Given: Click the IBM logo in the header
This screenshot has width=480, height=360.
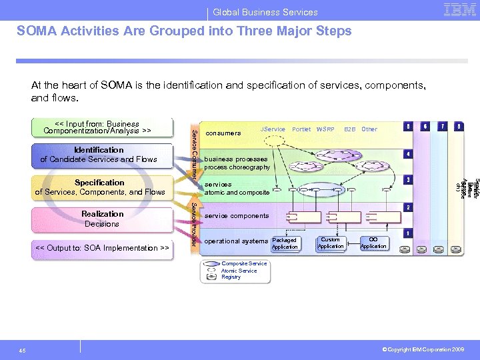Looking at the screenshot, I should click(x=460, y=11).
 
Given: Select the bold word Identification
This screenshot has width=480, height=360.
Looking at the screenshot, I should click(x=99, y=150).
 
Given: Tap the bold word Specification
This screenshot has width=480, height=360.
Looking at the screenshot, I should click(x=99, y=183).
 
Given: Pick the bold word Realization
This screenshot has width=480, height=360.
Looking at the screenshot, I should click(x=102, y=214).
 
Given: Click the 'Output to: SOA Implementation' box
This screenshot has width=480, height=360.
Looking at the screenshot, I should click(x=101, y=248).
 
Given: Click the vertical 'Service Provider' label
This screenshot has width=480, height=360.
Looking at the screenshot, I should click(x=194, y=223).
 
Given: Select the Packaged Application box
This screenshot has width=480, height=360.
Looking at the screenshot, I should click(x=285, y=243).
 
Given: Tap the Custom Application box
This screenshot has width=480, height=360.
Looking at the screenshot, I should click(x=331, y=243).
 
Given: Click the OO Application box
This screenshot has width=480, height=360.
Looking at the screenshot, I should click(x=373, y=243).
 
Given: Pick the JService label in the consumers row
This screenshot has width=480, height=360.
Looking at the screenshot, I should click(x=273, y=129).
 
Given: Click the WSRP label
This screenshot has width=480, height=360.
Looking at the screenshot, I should click(x=325, y=129).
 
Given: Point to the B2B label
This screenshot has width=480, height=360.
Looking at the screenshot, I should click(x=349, y=129).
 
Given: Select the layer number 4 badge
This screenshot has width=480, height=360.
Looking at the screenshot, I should click(x=407, y=154).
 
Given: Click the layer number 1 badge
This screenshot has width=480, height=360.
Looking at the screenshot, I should click(x=407, y=233).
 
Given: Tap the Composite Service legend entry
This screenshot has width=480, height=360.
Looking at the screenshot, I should click(x=243, y=264).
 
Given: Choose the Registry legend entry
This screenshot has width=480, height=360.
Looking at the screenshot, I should click(x=231, y=277).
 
